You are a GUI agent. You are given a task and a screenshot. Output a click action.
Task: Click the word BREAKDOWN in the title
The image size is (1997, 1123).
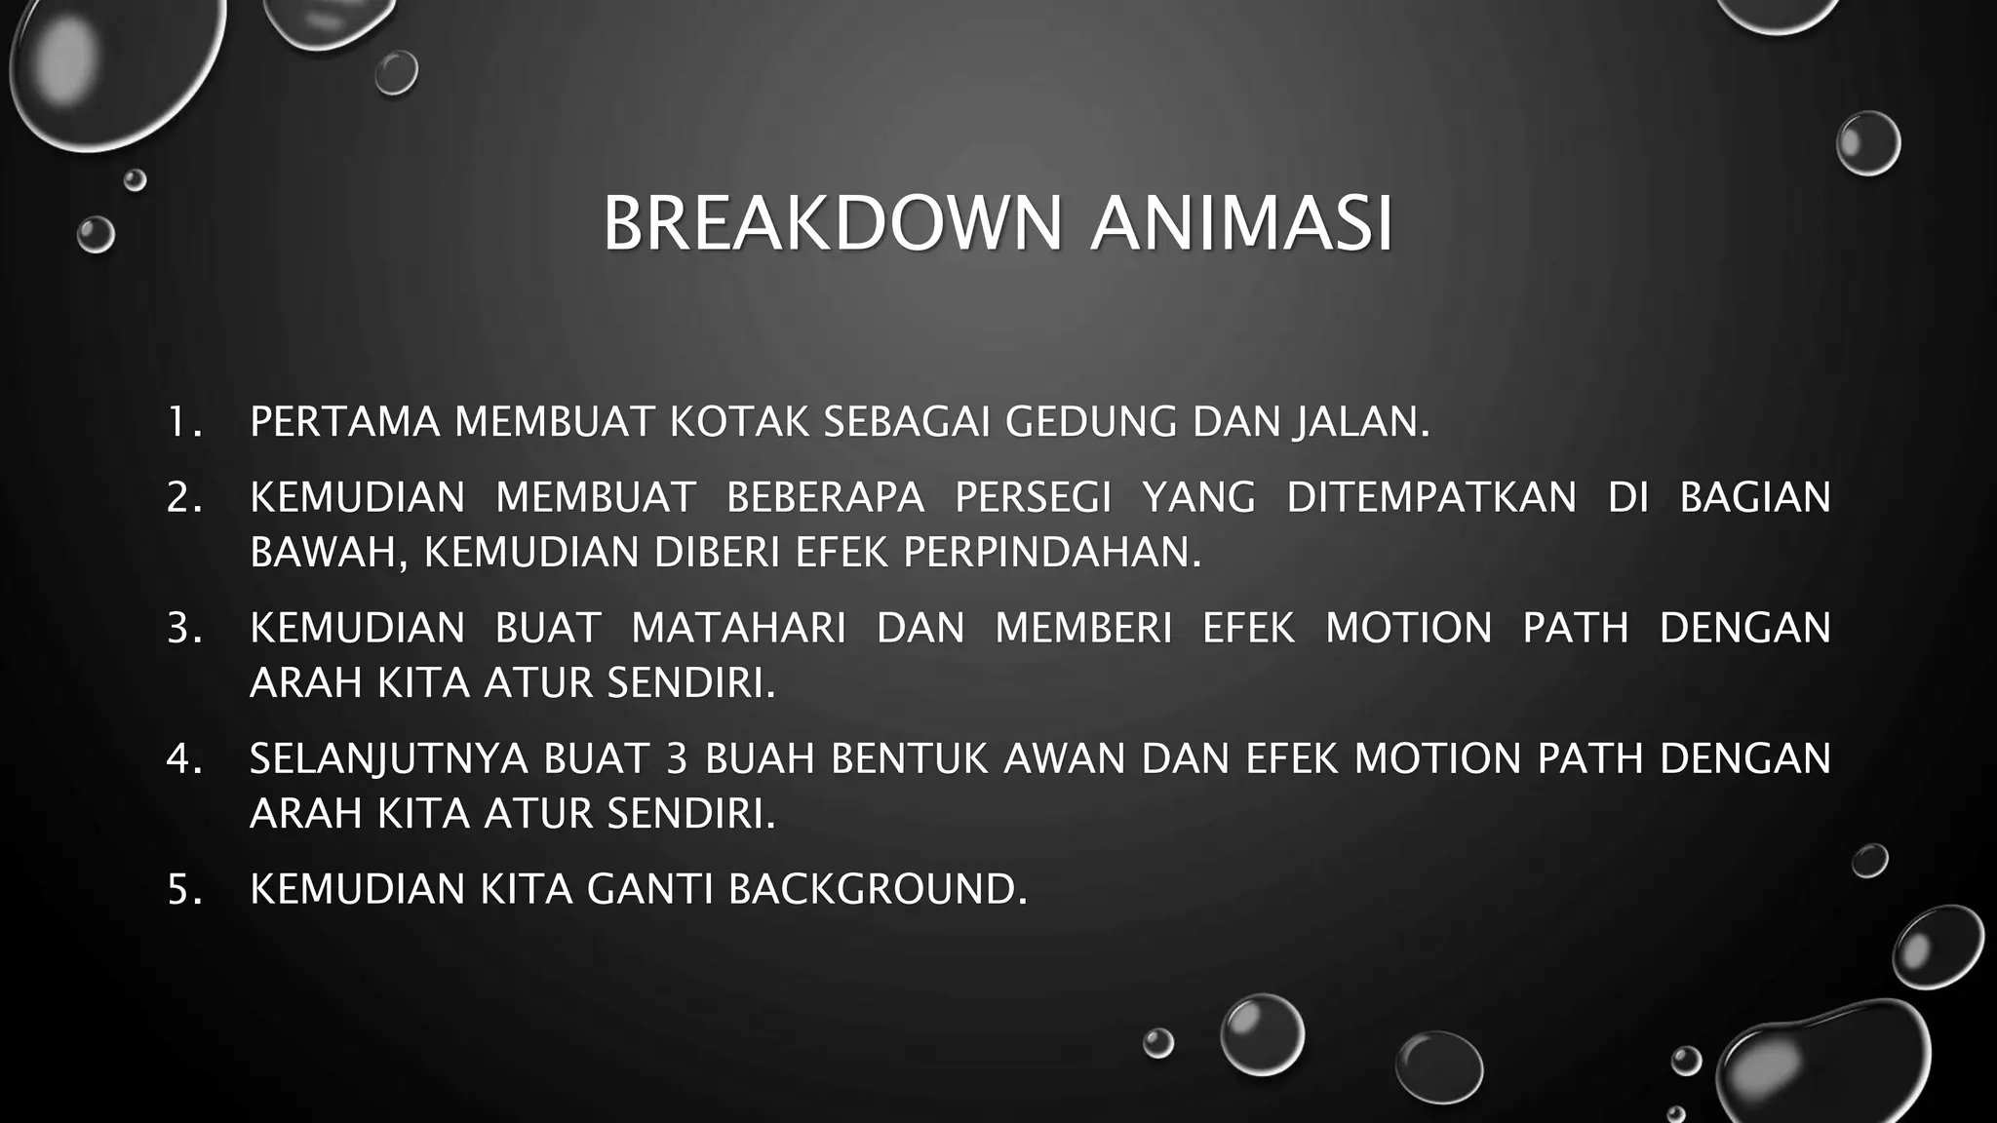coord(832,224)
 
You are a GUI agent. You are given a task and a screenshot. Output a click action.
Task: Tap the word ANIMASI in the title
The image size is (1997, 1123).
coord(1242,224)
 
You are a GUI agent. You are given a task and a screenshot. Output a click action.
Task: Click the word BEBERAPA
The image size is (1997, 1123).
coord(825,497)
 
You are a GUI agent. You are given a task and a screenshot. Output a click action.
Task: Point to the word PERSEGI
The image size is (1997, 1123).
coord(1033,497)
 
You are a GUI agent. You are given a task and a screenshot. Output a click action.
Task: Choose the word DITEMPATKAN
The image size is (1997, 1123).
coord(1431,497)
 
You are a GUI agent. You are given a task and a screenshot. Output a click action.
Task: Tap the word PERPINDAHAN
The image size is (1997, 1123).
coord(1052,553)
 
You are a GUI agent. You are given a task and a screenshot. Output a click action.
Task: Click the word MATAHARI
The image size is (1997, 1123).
coord(738,628)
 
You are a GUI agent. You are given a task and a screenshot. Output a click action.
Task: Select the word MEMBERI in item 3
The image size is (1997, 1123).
coord(1083,628)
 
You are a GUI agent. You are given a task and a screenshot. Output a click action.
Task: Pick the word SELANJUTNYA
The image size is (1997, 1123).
coord(388,758)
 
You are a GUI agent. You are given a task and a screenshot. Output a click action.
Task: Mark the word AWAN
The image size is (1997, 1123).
coord(1065,758)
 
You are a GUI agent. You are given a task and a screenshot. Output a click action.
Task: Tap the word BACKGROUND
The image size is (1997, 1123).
coord(878,889)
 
